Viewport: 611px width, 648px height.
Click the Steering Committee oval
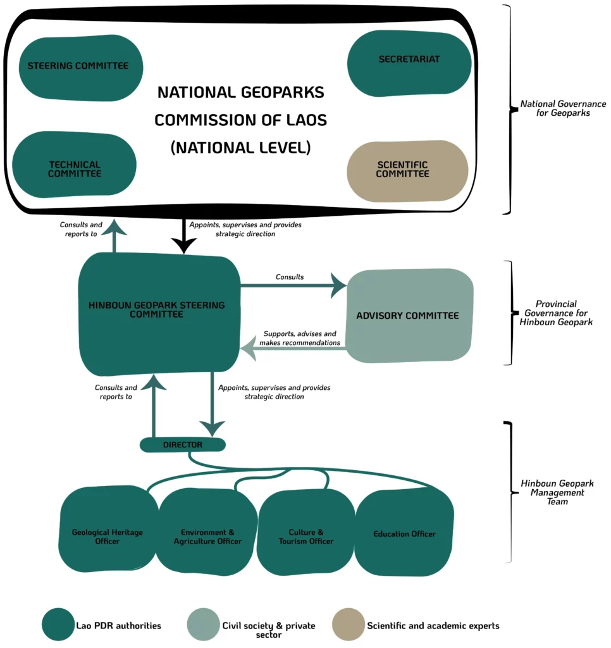click(81, 68)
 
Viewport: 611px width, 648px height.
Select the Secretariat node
click(409, 63)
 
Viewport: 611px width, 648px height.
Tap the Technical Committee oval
click(75, 165)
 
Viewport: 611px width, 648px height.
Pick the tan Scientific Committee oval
click(407, 171)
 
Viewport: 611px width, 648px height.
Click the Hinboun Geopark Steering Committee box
click(159, 314)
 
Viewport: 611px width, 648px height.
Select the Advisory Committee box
click(409, 316)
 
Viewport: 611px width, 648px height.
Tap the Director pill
click(183, 445)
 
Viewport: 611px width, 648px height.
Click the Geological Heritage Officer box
click(108, 530)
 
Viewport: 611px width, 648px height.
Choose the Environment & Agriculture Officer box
click(207, 532)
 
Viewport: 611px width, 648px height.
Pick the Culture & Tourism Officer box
click(305, 532)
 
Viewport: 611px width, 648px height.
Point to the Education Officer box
click(404, 532)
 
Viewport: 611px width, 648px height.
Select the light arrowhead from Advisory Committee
click(248, 348)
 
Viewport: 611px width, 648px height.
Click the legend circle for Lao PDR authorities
click(58, 624)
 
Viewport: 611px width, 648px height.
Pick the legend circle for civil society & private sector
click(203, 624)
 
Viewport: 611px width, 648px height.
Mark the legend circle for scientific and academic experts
click(349, 624)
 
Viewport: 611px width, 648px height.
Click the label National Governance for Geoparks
click(563, 108)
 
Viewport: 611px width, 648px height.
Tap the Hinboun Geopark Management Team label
click(557, 492)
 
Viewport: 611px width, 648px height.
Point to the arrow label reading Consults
click(290, 277)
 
